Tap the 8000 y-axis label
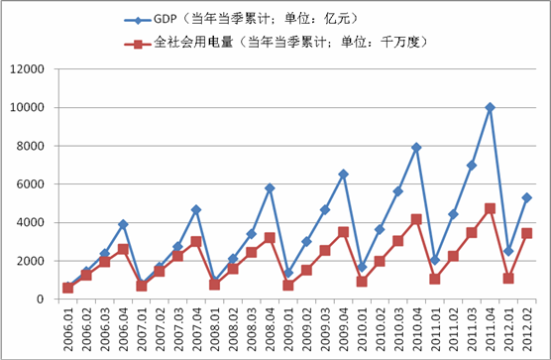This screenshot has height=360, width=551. point(32,146)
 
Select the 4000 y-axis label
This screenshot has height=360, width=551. point(32,222)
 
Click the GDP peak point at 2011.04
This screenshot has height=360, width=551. point(490,107)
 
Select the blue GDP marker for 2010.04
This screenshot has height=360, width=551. point(416,148)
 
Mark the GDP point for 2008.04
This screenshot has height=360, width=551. point(270,187)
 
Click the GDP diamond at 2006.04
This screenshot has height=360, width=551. point(123,224)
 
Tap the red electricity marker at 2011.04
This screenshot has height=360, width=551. point(490,208)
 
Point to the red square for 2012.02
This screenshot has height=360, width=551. point(526,233)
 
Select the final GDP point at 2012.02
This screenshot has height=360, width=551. point(526,197)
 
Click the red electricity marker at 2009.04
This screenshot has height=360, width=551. point(343,232)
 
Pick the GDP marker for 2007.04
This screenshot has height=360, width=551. point(196,209)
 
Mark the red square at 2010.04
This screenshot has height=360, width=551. point(416,219)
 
